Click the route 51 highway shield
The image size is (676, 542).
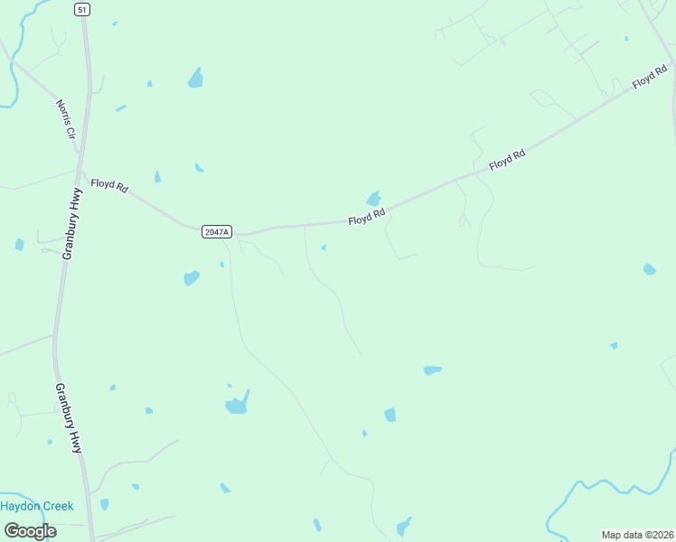coord(82,9)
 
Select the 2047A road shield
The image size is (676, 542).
coord(217,232)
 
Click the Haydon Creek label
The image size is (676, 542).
coord(36,506)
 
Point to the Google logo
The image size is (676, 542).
coord(30,530)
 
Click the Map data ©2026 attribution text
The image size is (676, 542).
coord(636,535)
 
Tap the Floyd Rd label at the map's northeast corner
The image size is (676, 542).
coord(650,79)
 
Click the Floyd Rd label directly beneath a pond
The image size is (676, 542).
coord(368,217)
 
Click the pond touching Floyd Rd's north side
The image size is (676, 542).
coord(373,198)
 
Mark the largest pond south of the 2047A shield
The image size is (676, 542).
coord(237,403)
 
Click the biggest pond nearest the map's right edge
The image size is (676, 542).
coord(649,269)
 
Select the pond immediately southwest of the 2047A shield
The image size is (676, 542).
coord(191,277)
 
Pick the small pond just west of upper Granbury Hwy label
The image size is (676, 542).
coord(19,244)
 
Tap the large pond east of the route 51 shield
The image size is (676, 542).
coord(195,79)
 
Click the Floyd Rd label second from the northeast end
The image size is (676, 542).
coord(507,161)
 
